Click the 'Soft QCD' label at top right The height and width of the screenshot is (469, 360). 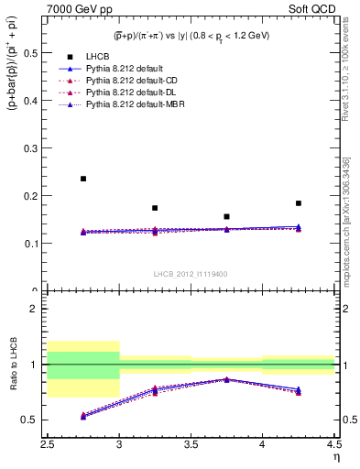click(x=312, y=9)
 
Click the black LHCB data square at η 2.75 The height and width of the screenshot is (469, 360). click(x=83, y=179)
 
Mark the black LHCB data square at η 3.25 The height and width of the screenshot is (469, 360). click(x=155, y=208)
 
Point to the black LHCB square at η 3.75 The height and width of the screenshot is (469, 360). click(x=226, y=217)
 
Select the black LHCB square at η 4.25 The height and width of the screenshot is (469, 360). click(x=298, y=203)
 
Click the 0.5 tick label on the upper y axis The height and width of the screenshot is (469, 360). click(x=32, y=53)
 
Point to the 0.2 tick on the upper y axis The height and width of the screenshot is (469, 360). click(x=32, y=196)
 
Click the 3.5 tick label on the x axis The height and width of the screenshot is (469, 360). click(x=191, y=445)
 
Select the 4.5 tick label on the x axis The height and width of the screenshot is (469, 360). click(x=333, y=445)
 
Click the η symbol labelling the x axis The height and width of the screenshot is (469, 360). click(x=334, y=457)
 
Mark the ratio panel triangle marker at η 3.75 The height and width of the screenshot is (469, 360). click(x=226, y=379)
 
